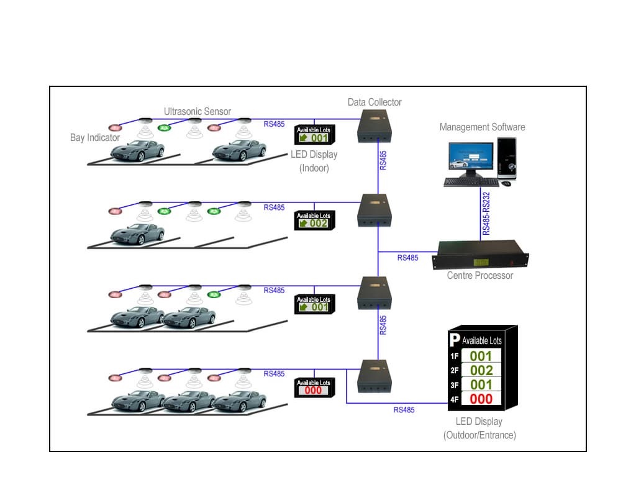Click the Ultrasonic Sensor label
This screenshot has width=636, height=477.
pos(197,112)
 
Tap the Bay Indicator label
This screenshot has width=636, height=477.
pos(94,137)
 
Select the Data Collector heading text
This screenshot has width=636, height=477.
pos(375,102)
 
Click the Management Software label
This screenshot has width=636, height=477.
pos(482,127)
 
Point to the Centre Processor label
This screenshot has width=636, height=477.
pos(480,275)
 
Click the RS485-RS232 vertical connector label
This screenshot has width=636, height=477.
pos(486,213)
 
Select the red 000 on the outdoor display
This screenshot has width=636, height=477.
pos(481,399)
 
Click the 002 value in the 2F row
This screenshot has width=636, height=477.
pos(481,371)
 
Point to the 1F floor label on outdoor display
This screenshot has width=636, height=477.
pos(454,357)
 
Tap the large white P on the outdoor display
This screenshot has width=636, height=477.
pos(455,340)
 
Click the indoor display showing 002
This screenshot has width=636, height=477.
pos(314,220)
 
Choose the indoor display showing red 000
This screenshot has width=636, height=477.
pos(314,388)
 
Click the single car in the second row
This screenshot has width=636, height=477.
pos(137,234)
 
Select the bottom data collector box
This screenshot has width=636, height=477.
pos(375,376)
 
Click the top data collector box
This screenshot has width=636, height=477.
pos(375,126)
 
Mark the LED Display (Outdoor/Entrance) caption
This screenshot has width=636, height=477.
pos(479,429)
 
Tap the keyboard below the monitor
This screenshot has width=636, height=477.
pos(470,182)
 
